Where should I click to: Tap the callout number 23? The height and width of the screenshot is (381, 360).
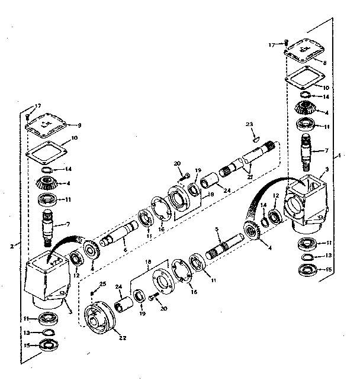(250, 125)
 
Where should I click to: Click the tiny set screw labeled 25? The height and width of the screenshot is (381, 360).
(93, 292)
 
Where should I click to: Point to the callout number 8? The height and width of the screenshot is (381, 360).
(324, 62)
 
